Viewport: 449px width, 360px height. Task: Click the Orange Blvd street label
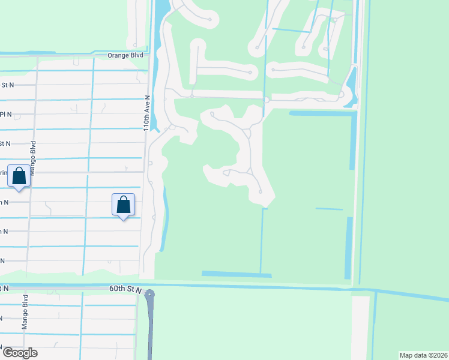coord(125,55)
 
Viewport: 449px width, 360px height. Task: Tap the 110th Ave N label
coord(146,112)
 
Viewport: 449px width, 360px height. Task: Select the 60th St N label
coord(124,289)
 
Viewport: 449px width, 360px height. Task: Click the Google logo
coord(19,352)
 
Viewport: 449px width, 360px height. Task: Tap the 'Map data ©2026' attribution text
coord(423,355)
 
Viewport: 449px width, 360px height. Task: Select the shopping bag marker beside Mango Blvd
coord(19,176)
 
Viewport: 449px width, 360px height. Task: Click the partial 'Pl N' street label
coord(6,114)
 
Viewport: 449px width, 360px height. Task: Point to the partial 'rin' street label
coord(4,173)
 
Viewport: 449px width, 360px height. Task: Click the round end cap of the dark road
coord(150,294)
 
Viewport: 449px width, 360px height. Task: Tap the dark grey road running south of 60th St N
coord(150,330)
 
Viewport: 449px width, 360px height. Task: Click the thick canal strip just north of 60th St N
coord(237,274)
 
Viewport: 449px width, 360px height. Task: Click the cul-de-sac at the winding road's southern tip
coord(260,192)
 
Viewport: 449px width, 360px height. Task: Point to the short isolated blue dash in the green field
coord(329,209)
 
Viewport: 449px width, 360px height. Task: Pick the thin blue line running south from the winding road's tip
coord(262,240)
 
